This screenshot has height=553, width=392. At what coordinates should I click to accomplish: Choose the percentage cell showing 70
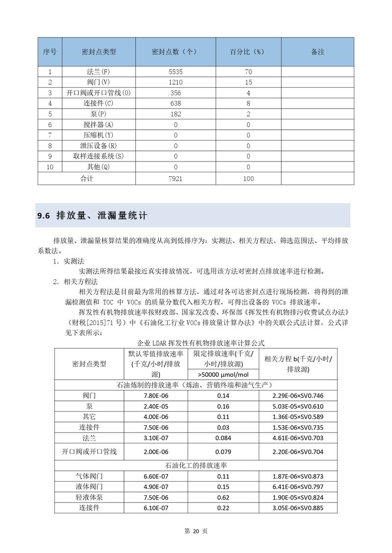click(x=248, y=72)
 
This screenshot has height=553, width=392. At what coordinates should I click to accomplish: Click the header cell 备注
click(x=318, y=51)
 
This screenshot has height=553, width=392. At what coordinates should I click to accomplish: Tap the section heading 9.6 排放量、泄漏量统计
click(x=93, y=216)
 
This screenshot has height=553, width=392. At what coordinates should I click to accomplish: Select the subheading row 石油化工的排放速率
click(x=196, y=465)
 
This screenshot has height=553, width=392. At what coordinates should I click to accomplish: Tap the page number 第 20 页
click(x=196, y=531)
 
